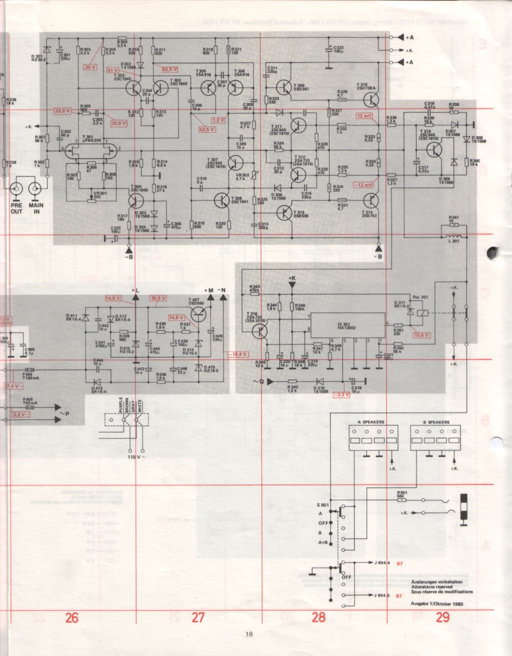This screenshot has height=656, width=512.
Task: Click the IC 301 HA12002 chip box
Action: point(348,325)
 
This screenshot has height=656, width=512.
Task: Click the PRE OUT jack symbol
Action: point(16,189)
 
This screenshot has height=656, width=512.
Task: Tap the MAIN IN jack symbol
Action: point(35,189)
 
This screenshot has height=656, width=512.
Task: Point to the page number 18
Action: point(249,634)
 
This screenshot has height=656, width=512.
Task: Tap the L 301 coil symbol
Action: point(453,236)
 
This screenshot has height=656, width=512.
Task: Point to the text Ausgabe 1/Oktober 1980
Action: point(437,595)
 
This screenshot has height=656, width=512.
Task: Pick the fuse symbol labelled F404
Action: point(29,370)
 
